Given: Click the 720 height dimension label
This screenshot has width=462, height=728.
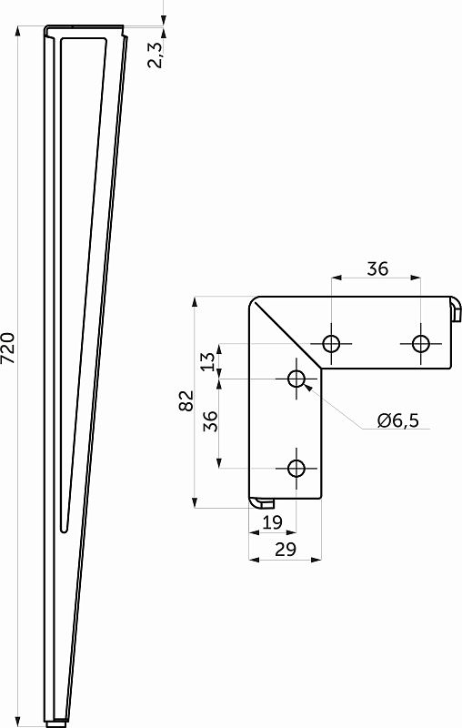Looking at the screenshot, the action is point(9,349).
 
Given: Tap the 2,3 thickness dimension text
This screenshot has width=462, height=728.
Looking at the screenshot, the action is point(156,56).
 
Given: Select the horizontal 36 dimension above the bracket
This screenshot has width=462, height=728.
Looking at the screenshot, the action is point(377,268).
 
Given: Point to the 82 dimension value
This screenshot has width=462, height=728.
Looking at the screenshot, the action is point(186,400).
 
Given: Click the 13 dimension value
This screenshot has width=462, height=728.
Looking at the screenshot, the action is point(209,361).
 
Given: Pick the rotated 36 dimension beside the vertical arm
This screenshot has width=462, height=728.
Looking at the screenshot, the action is point(210,421).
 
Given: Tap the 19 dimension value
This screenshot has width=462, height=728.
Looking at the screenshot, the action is point(272,522).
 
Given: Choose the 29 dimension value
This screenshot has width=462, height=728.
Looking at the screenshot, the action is point(286,550).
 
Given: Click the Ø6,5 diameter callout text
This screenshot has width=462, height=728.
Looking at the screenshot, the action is point(398,420).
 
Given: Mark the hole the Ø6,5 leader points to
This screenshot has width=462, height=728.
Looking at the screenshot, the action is point(296,379).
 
